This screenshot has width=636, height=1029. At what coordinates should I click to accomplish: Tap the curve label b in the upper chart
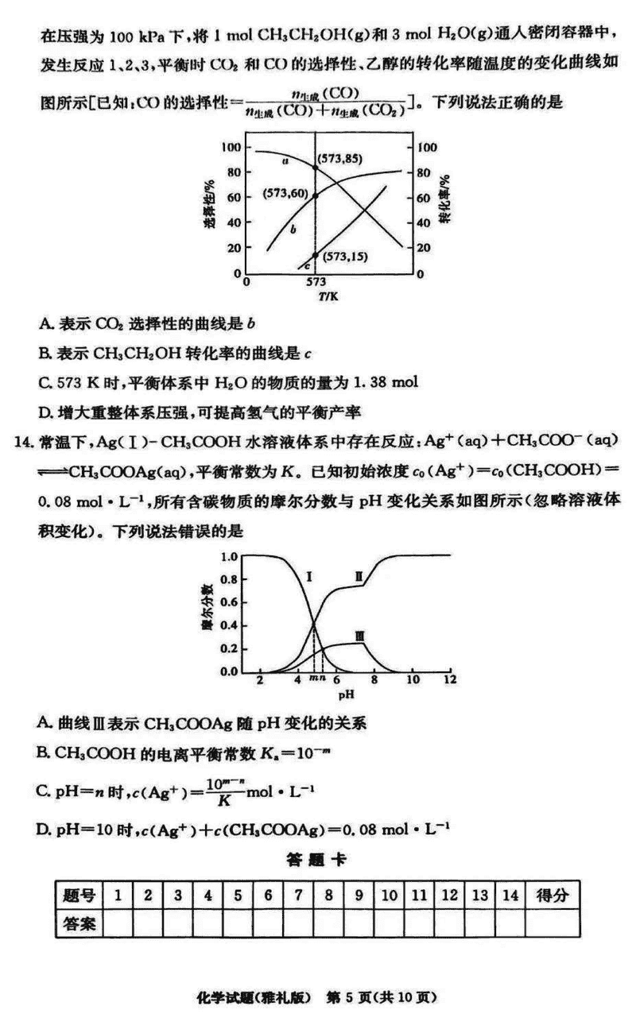[x=293, y=229]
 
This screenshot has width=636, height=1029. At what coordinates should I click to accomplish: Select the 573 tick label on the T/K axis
[x=316, y=282]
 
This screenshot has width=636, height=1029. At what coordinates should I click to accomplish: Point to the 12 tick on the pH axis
[x=450, y=682]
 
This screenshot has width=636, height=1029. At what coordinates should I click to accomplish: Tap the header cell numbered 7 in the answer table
[x=298, y=896]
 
